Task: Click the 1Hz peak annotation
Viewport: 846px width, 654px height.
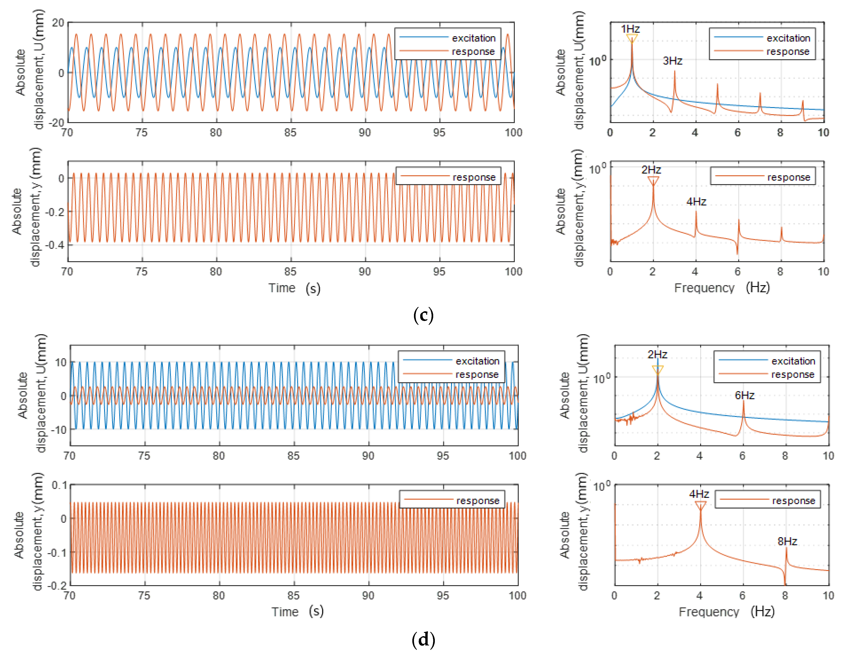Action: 630,29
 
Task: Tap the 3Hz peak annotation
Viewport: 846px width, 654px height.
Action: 673,61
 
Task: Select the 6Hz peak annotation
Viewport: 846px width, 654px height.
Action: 744,395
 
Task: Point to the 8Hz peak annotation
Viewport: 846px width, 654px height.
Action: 787,541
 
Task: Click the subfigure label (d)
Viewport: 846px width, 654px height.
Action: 423,639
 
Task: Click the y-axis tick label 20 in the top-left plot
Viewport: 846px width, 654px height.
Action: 58,23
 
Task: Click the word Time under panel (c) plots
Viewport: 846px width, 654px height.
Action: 282,288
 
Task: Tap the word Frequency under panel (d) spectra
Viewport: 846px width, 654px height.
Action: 709,612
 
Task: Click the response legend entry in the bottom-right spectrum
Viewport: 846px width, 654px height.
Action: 793,501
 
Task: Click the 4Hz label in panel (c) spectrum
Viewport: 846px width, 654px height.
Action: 696,202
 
